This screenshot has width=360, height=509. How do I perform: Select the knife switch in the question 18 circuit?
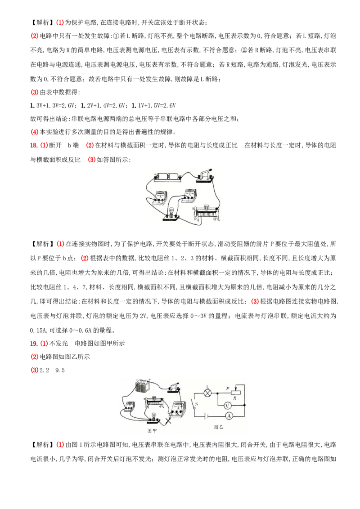pos(205,175)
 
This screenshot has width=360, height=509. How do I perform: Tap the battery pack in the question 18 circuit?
pos(167,177)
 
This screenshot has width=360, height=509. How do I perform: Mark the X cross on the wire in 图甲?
pos(169,421)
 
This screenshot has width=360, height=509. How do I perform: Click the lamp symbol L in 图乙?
pos(207,393)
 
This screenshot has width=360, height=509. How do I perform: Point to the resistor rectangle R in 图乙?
pos(234,393)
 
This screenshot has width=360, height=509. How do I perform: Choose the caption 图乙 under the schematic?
pos(219,427)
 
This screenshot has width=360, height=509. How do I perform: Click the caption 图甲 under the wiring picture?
pos(152,431)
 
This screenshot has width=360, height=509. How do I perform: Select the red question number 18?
pos(34,145)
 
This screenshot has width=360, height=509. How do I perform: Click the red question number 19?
pos(34,344)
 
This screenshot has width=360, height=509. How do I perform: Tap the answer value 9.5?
pos(60,371)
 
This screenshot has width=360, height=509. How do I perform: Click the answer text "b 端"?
pos(73,145)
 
